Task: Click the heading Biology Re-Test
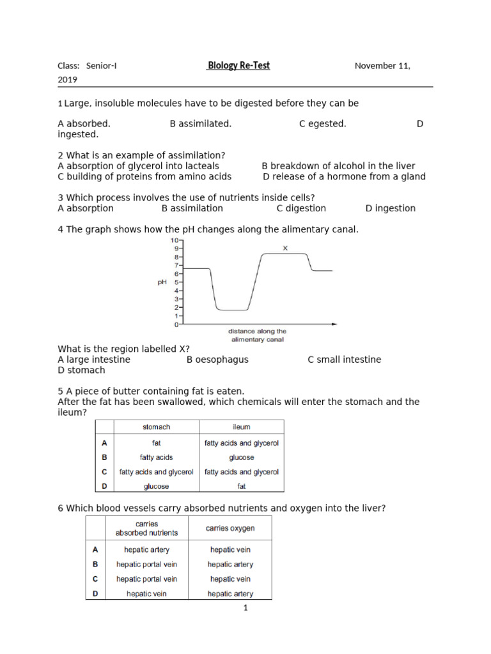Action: (238, 66)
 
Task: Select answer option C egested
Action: (323, 124)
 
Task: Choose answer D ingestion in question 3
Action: (390, 208)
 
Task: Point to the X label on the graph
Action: (285, 247)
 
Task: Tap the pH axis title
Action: (162, 282)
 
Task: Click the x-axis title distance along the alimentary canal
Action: (258, 335)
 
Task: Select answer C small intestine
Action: (344, 360)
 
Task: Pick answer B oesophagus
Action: (217, 360)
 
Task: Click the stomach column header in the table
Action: (156, 427)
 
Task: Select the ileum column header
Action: (241, 427)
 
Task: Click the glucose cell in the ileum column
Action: (241, 457)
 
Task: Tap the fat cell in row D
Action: (241, 486)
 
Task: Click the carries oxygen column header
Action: (230, 528)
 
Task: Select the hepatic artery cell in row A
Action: (147, 549)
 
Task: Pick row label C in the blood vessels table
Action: (95, 579)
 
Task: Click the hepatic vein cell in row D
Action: (147, 593)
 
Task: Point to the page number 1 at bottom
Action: (245, 608)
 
